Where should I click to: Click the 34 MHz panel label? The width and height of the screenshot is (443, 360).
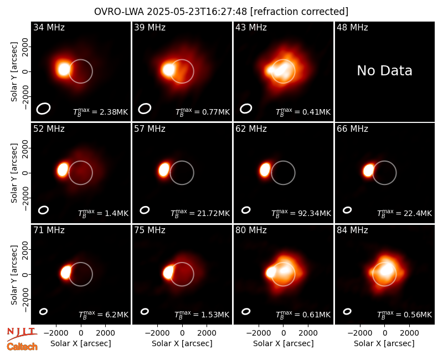(x=49, y=27)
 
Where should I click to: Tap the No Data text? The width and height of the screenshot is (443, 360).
(x=384, y=71)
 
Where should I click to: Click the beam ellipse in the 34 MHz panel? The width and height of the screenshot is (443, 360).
(x=43, y=109)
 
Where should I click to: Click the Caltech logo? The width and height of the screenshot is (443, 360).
(x=22, y=347)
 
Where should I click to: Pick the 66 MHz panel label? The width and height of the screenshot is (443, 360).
(x=352, y=129)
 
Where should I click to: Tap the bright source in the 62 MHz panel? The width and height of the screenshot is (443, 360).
(x=265, y=170)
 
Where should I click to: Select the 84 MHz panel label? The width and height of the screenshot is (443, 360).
(x=352, y=230)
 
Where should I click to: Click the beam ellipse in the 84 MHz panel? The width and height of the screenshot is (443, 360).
(x=347, y=311)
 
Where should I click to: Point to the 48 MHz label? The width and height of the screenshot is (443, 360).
(x=352, y=27)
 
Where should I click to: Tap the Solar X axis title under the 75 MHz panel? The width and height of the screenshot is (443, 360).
(x=182, y=343)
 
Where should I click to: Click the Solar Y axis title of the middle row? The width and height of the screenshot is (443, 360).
(x=14, y=173)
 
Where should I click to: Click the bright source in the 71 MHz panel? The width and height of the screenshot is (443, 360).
(x=66, y=272)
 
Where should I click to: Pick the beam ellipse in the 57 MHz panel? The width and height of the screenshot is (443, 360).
(x=145, y=210)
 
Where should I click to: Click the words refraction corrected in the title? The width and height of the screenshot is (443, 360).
(x=300, y=12)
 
